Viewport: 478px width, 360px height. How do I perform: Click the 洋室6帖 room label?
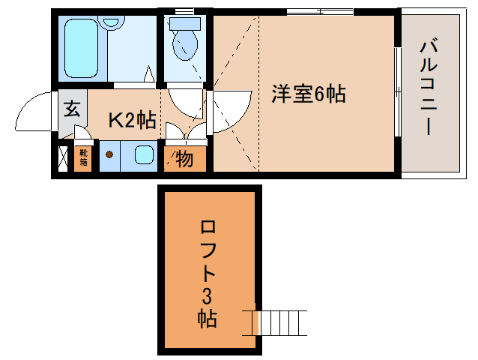(x=308, y=94)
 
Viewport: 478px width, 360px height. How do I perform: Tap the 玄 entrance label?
(x=71, y=109)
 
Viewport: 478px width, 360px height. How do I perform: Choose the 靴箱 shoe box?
(x=83, y=158)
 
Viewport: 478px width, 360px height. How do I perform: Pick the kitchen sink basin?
(x=142, y=157)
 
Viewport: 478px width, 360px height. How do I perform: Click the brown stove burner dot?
(x=109, y=156)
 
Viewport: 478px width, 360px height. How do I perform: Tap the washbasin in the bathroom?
(x=113, y=22)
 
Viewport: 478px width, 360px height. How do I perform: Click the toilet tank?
(x=184, y=23)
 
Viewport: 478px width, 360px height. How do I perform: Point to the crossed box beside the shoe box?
(x=63, y=158)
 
